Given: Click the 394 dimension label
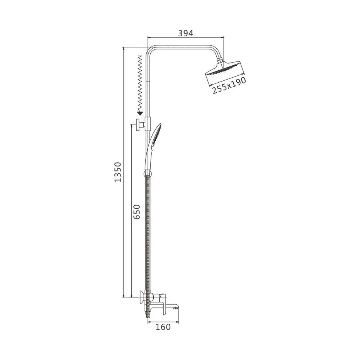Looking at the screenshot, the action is point(186,33).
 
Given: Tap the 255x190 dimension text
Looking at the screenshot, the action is point(229,85).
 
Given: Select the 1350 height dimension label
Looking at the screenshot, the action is point(118,172).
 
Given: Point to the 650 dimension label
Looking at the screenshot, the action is point(137,212).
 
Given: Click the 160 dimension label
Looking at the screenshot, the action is point(163,327).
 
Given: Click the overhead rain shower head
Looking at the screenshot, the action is point(225,68).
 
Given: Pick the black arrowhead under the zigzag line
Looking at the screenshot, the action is point(139,113).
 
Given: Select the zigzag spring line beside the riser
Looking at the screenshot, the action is point(139,83).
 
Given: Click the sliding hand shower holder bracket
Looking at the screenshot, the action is point(148,124).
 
